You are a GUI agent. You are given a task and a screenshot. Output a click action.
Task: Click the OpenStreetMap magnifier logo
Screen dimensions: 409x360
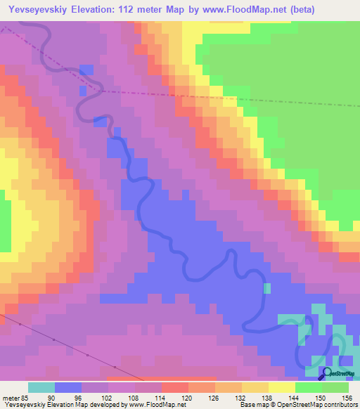point(326,373)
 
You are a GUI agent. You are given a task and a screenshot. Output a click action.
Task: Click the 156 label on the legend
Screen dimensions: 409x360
point(347,397)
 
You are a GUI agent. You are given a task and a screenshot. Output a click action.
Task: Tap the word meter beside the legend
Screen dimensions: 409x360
point(10,397)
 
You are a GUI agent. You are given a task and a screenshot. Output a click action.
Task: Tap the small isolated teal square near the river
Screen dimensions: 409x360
point(267,287)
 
